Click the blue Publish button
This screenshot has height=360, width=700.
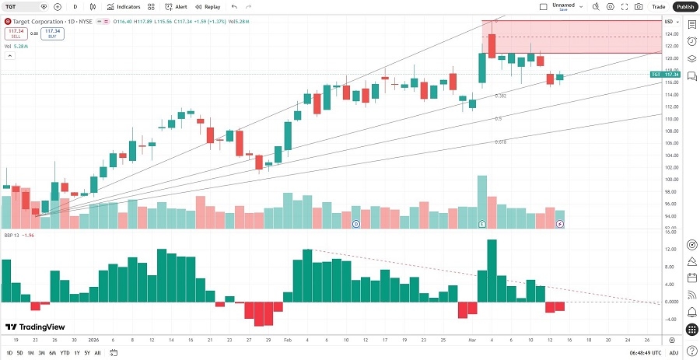[684, 6]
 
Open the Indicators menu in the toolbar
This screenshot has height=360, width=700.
[124, 6]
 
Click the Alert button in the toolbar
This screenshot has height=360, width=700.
[176, 6]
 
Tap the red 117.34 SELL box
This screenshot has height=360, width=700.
[16, 33]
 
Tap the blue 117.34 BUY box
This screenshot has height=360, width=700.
[53, 33]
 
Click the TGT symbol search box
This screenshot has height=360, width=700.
[23, 6]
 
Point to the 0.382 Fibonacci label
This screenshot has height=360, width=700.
[501, 96]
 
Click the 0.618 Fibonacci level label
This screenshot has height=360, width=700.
[501, 142]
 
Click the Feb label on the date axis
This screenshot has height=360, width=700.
[287, 340]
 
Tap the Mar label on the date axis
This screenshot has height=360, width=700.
[472, 340]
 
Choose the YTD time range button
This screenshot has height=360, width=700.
[65, 353]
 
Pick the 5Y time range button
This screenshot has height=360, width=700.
[87, 353]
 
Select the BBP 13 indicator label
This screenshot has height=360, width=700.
[12, 234]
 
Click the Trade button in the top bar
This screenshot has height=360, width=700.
[658, 6]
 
